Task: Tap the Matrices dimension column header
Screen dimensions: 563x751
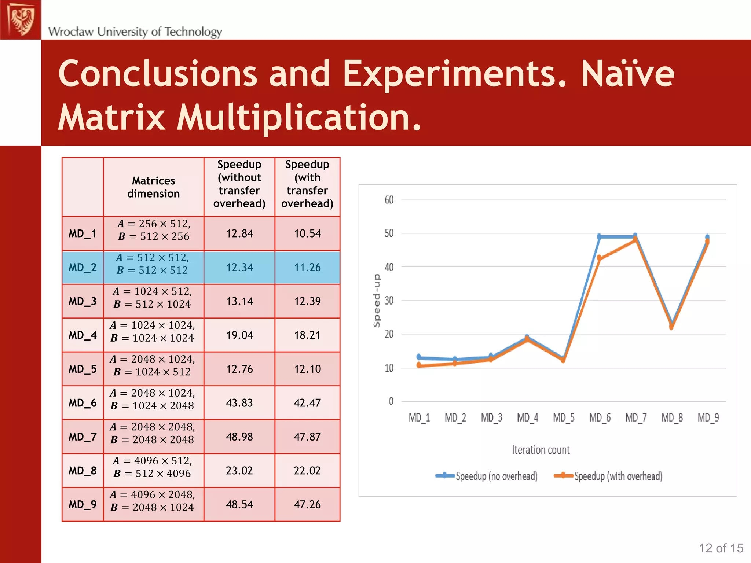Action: [x=153, y=187]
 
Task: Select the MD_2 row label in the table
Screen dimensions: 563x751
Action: [x=83, y=268]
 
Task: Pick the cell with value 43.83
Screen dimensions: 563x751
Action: [x=239, y=403]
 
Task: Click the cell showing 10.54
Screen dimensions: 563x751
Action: [x=307, y=233]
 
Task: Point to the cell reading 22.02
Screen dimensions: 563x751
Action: [x=307, y=471]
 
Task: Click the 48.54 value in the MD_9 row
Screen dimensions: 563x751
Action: [x=239, y=504]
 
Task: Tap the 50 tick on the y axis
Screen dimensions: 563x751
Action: [x=389, y=233]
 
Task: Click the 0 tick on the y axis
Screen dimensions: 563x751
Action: [x=391, y=401]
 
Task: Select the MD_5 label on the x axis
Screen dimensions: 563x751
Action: [x=564, y=418]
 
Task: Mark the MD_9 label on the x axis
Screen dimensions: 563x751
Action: [x=708, y=418]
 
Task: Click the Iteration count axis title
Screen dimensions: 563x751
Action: [x=541, y=450]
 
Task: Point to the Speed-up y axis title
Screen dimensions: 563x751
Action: [x=377, y=301]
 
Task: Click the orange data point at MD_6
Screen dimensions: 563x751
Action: [x=599, y=258]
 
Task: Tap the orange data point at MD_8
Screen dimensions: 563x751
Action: [x=671, y=327]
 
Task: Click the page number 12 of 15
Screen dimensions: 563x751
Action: [x=721, y=548]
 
